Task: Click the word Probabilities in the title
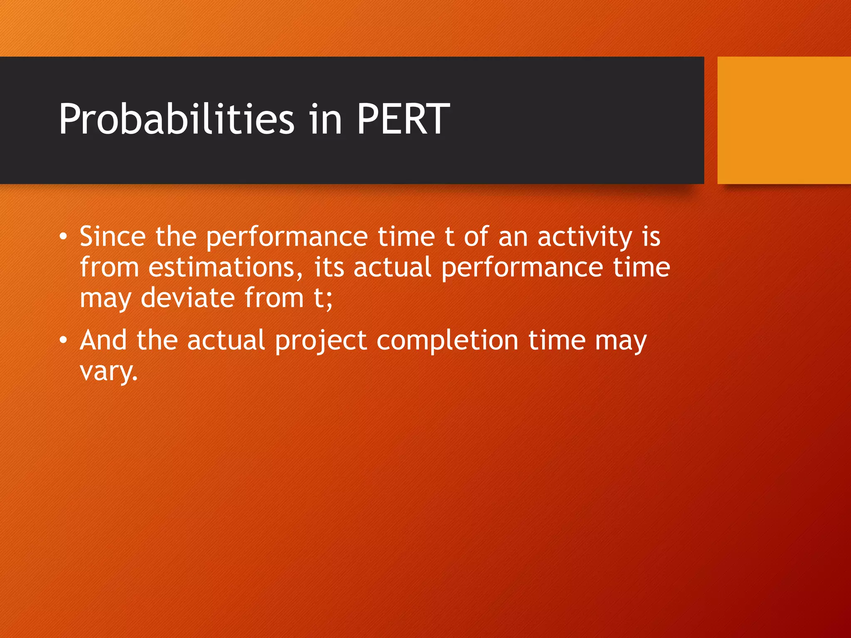click(177, 120)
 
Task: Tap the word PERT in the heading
click(403, 120)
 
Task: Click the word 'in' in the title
click(326, 120)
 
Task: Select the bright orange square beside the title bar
click(784, 120)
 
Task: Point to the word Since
click(112, 237)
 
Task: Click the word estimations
click(225, 267)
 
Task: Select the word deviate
click(187, 298)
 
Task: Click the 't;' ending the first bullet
click(323, 298)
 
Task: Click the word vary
click(108, 372)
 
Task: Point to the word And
click(103, 341)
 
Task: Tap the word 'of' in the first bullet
click(476, 237)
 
